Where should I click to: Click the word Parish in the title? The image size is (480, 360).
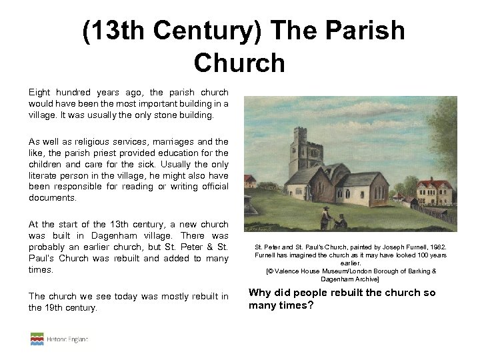[x=368, y=31]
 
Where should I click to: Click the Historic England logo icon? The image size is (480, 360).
[x=37, y=339]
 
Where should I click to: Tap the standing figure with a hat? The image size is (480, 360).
[x=325, y=217]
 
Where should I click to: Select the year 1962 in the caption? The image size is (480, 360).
[x=437, y=247]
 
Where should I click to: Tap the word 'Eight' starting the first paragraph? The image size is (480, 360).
[x=40, y=92]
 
